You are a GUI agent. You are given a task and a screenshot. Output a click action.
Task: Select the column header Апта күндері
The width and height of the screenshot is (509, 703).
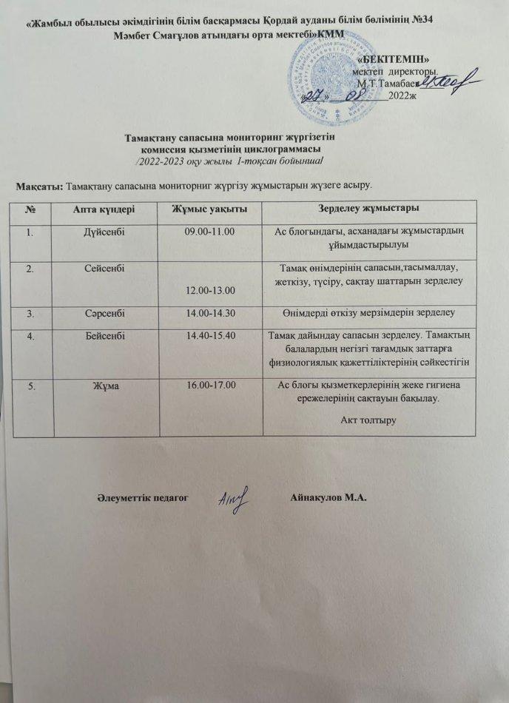point(104,209)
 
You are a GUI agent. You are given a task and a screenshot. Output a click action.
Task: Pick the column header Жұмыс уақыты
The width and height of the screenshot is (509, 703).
point(209,209)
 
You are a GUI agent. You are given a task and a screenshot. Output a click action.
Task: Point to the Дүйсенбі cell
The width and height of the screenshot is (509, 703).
point(104,232)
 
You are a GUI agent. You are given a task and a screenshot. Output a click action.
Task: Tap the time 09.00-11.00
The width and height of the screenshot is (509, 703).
point(209,232)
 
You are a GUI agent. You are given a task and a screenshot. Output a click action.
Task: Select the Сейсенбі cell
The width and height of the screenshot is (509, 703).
point(104,269)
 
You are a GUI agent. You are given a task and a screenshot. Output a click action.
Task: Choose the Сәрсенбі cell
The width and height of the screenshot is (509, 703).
point(104,312)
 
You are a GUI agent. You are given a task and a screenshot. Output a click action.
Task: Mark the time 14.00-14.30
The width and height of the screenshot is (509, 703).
point(209,312)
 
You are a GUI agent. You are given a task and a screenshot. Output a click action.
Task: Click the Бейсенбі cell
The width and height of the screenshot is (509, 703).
point(104,335)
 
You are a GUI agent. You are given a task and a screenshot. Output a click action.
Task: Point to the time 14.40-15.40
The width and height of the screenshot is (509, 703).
point(209,335)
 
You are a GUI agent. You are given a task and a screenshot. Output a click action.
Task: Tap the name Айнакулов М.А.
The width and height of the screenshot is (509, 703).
point(331,497)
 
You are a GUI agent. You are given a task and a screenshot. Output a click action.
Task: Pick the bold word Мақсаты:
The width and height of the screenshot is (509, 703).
point(39,184)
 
